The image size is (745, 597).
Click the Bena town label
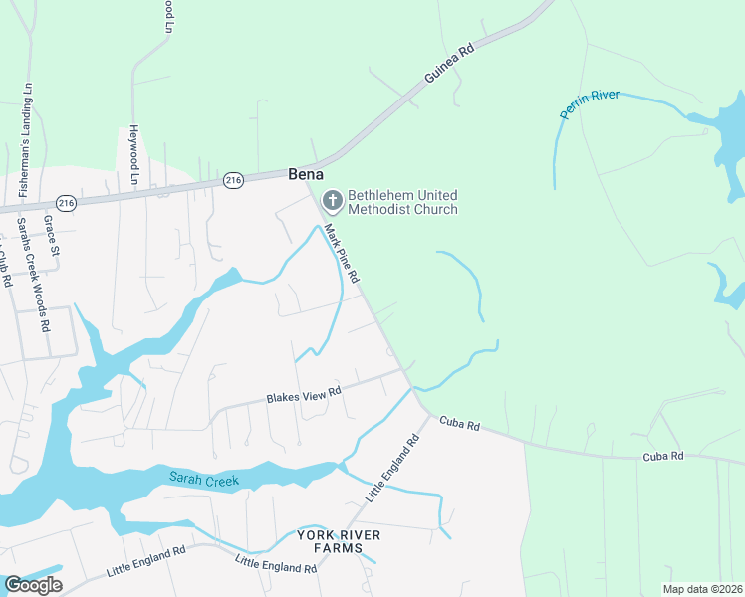coord(305,173)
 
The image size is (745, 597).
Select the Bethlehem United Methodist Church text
coord(402,202)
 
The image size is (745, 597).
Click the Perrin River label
coord(590,103)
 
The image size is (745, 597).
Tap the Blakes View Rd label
coord(304,395)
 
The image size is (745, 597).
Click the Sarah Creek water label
coord(203,480)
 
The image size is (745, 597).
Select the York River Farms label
coord(339,541)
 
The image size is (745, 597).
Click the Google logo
coord(33,584)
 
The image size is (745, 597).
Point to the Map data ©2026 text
coord(701,589)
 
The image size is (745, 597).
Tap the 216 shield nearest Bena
coord(233,180)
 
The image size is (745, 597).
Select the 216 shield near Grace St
coord(67,202)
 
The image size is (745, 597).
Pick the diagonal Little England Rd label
coord(393,466)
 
